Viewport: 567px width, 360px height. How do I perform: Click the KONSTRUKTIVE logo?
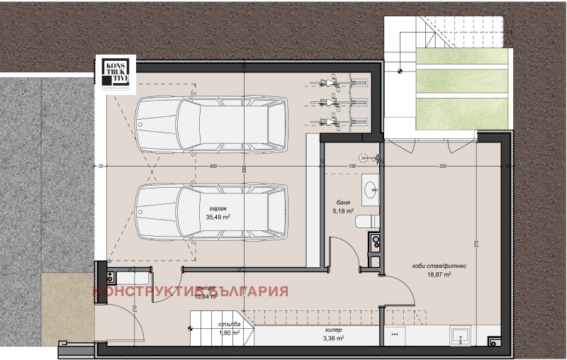(115, 74)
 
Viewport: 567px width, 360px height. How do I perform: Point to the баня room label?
(343, 201)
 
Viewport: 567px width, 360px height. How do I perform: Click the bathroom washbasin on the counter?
(371, 188)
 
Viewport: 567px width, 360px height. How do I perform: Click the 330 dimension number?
(443, 167)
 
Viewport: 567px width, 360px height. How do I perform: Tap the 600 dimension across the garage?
(213, 167)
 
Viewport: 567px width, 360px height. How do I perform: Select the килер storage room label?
(335, 330)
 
